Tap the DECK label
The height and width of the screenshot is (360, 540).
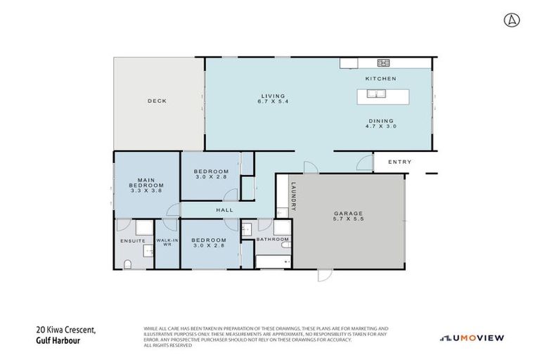click(x=157, y=101)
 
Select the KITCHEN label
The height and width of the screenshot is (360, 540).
click(x=380, y=78)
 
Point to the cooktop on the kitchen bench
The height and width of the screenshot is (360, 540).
click(x=385, y=63)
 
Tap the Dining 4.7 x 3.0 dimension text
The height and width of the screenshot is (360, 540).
click(x=380, y=124)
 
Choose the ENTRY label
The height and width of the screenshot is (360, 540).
click(x=399, y=162)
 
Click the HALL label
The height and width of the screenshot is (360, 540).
click(x=225, y=210)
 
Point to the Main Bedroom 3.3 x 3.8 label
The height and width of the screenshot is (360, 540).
click(x=146, y=186)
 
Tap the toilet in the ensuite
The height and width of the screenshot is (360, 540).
click(x=127, y=263)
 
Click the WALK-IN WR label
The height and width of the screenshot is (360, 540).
click(x=167, y=243)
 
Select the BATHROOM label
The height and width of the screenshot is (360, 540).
click(x=272, y=240)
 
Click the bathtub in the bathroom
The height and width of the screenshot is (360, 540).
click(x=272, y=262)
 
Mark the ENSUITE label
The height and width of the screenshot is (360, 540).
click(x=132, y=240)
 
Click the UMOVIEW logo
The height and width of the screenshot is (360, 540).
click(x=472, y=338)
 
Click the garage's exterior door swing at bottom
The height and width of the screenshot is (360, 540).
click(x=323, y=275)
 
